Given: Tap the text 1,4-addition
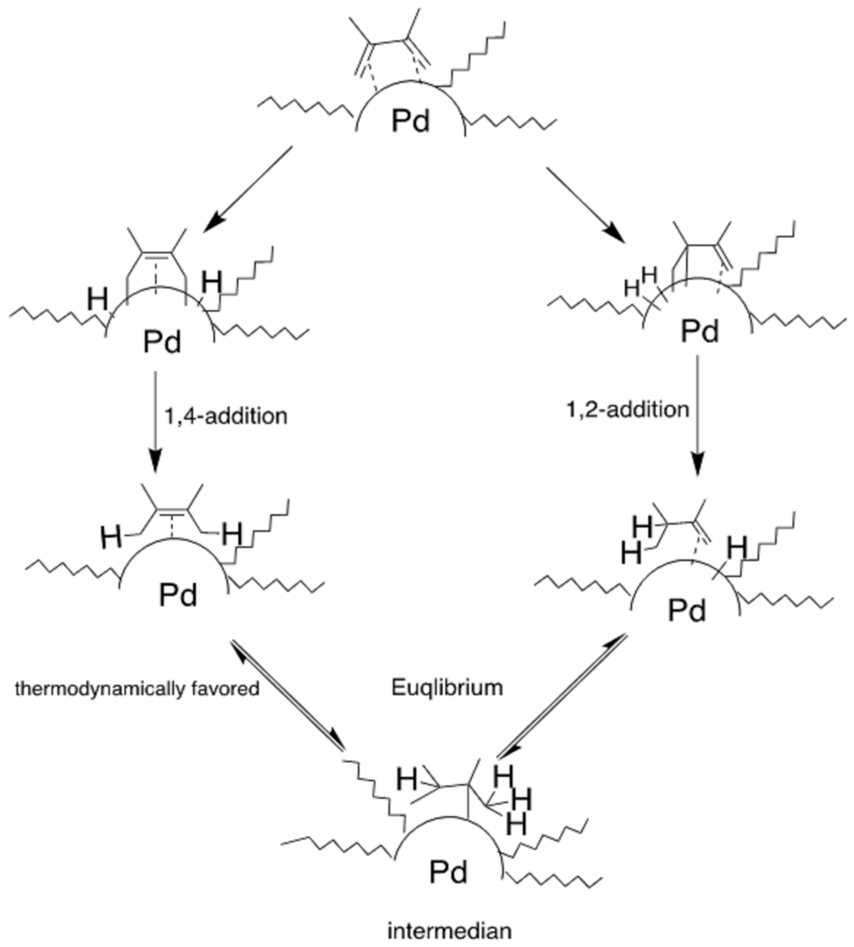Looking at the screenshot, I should [226, 417].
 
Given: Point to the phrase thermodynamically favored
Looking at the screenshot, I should [137, 688].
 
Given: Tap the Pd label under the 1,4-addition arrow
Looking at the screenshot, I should [178, 595].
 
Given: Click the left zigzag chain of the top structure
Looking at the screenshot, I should [305, 106].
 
